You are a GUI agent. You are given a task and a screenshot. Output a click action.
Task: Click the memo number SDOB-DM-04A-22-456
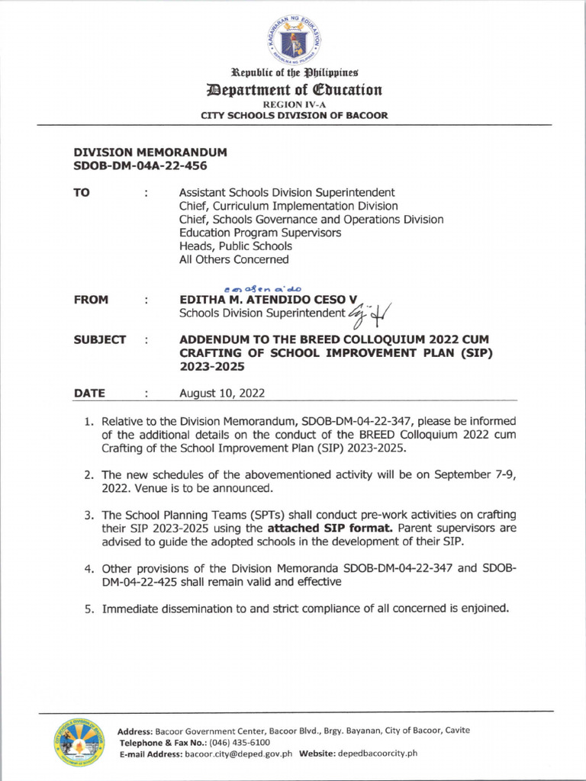140,166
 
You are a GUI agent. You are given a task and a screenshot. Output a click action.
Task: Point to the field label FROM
91,300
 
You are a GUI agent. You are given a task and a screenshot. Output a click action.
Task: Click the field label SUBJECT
99,339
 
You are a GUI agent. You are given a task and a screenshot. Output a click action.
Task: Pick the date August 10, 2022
221,394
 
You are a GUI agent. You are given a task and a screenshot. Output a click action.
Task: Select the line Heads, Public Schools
235,246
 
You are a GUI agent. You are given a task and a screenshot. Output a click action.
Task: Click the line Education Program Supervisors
259,233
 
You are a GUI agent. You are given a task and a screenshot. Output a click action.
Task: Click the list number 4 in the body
89,568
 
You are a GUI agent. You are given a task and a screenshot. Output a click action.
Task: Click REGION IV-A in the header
293,104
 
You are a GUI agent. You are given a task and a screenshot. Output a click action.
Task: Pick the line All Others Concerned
233,259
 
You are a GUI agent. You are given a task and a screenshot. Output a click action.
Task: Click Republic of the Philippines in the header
293,75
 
